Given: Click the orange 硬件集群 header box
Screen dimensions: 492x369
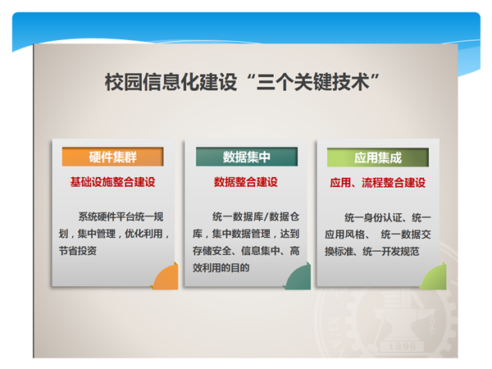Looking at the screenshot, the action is pos(112,157).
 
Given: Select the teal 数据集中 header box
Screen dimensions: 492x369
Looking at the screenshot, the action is pos(247,157).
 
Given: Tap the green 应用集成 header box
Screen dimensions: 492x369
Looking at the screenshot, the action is pos(378,157).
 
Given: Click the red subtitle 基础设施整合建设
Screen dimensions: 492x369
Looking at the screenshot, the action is pos(112,182).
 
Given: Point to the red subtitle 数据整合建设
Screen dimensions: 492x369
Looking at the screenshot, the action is pos(246,182).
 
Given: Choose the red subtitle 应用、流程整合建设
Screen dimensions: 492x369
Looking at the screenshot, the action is pos(378,183).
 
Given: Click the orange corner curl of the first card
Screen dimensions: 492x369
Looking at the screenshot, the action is pos(166,277).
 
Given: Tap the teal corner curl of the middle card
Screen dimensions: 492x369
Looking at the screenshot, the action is pos(298,276).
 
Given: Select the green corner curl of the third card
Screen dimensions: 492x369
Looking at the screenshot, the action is pos(434,276).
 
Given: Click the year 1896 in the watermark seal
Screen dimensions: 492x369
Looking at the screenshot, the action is pos(403,347).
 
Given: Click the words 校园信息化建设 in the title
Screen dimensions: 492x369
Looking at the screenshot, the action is pos(171,82).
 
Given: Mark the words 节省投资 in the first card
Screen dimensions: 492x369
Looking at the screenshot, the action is pos(78,251).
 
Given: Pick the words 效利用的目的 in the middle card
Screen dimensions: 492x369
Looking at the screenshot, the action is pos(221,267).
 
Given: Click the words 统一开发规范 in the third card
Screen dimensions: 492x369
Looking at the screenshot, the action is pos(391,252).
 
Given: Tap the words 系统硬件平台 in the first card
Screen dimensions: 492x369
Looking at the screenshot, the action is pos(107,216).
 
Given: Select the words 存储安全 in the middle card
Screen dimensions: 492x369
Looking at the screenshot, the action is pos(212,251).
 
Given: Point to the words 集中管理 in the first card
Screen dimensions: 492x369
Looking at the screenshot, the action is pos(97,234).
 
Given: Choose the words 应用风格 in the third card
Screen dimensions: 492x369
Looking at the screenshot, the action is pos(344,235).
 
